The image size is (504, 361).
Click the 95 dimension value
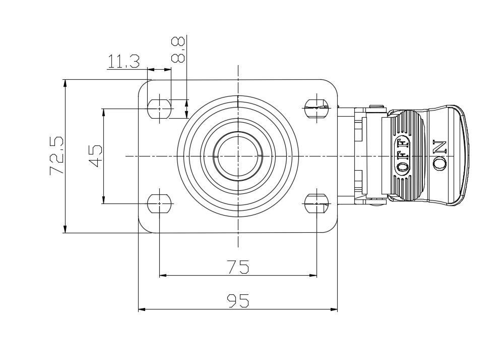click(238, 301)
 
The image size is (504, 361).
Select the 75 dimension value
click(238, 267)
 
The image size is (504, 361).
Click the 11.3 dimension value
click(123, 62)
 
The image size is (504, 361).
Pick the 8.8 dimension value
click(178, 49)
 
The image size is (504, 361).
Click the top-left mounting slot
click(160, 107)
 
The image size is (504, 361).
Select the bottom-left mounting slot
click(160, 204)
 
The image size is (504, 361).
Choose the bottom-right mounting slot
click(317, 204)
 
